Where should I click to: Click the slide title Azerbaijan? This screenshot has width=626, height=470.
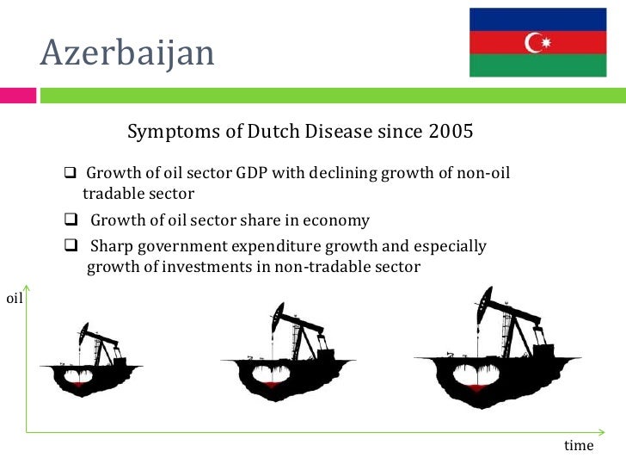[x=127, y=54]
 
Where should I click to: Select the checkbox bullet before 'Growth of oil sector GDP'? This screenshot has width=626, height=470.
[x=71, y=174]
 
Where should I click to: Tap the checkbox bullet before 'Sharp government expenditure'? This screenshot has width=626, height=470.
[x=71, y=247]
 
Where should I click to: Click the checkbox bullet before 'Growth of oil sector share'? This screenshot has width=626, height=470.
[x=71, y=220]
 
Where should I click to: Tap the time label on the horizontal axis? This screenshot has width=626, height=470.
[x=578, y=445]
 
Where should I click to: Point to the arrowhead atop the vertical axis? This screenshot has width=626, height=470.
[x=28, y=289]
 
